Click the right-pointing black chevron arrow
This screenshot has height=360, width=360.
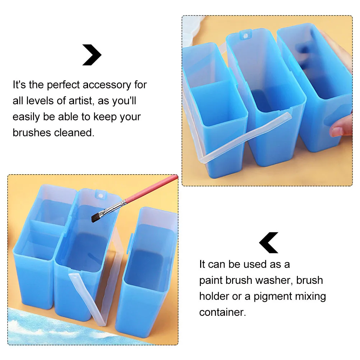(93, 55)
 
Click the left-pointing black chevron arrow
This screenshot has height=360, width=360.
(268, 243)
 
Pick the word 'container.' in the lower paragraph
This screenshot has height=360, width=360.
(223, 312)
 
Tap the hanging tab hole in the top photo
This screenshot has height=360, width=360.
(245, 35)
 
